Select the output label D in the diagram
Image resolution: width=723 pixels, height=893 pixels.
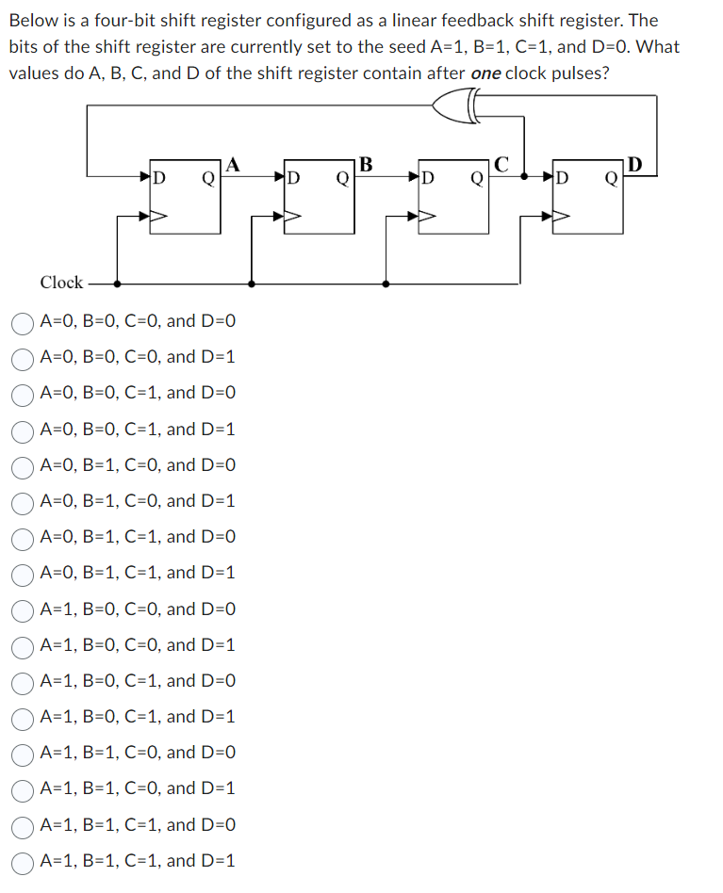[x=634, y=165]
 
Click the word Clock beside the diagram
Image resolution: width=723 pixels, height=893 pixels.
[x=61, y=283]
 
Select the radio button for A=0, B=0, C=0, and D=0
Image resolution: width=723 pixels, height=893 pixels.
[x=24, y=322]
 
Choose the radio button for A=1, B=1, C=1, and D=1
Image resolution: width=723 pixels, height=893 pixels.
[x=24, y=861]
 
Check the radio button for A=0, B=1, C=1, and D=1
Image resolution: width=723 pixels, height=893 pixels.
[x=24, y=574]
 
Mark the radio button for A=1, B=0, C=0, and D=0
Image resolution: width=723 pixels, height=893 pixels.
[x=24, y=609]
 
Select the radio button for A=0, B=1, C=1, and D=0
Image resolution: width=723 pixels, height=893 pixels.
[x=24, y=538]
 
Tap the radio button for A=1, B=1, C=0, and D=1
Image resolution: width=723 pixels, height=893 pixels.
[x=24, y=789]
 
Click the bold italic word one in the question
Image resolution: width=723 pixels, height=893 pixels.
[x=485, y=73]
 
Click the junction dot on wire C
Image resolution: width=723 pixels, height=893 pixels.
[x=521, y=175]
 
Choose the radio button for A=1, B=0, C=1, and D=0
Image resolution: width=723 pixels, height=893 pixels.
[x=24, y=681]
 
